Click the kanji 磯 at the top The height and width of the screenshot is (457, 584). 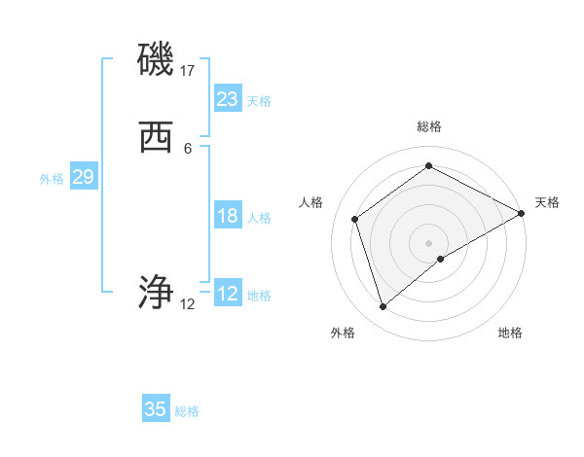(156, 60)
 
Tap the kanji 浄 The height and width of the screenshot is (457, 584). (156, 292)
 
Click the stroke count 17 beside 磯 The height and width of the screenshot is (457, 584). (188, 71)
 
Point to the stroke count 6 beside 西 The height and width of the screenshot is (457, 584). (188, 149)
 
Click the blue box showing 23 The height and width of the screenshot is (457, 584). (228, 99)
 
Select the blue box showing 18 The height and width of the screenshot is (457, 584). (228, 216)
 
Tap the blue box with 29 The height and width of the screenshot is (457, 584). (83, 177)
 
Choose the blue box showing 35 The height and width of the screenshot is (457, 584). (156, 409)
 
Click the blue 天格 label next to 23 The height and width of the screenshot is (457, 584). (259, 101)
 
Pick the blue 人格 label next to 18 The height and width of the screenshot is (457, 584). (259, 218)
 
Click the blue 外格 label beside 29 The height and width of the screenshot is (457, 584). (52, 179)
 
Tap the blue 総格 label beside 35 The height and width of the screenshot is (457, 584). (187, 411)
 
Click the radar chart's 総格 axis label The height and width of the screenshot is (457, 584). (429, 126)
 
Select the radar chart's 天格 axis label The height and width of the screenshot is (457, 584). (547, 202)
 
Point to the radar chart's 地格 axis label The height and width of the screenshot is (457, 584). (510, 333)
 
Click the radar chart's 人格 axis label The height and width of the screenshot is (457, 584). (311, 202)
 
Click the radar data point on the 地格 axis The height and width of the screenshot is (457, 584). (441, 259)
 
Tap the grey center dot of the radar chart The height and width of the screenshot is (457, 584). (429, 243)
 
